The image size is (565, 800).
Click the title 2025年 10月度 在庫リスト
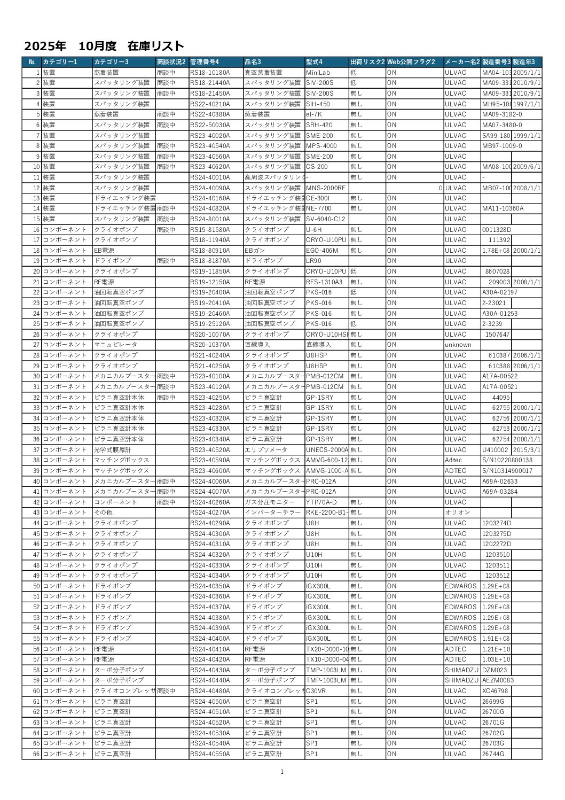coord(104,46)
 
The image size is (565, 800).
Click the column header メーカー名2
coord(462,62)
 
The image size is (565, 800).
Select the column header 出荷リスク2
coord(367,62)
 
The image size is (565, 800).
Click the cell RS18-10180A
coord(210,73)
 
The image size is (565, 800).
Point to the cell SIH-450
coord(318,104)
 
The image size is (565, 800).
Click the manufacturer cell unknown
coord(458,345)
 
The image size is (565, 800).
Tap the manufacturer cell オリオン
coord(458,512)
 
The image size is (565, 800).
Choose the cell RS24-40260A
coord(210,502)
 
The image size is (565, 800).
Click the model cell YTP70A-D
coord(321,502)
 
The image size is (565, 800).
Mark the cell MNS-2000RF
coord(326,188)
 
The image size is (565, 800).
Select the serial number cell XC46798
coord(495,691)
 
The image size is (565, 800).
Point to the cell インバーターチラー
coord(270,512)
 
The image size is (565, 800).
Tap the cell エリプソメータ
coord(266,450)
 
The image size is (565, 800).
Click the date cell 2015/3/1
coord(527,450)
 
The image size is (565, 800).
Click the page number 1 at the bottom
coord(282,772)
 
